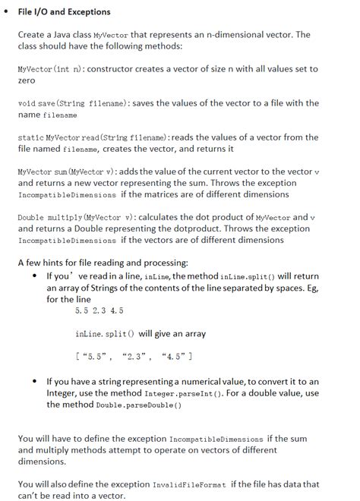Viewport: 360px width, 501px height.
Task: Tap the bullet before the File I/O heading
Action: point(7,11)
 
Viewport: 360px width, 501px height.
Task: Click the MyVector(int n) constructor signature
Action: point(51,69)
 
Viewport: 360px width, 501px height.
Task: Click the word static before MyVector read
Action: point(31,138)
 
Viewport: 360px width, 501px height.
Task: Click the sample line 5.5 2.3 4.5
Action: point(99,310)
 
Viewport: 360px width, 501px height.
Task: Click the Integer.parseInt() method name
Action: point(178,393)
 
